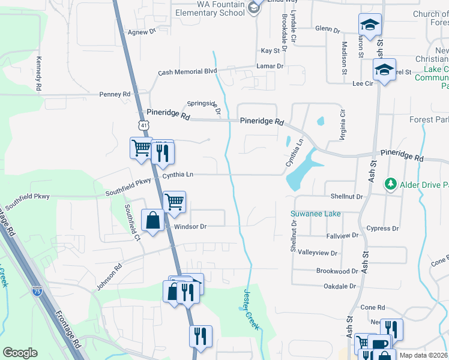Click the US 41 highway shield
coord(142,125)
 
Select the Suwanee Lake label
coord(316,214)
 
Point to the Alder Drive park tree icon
coord(391,182)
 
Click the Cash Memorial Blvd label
coord(187,71)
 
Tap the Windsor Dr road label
coord(190,227)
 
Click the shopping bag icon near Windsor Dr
coord(153,220)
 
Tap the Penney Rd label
coord(115,94)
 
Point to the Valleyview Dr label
coord(318,253)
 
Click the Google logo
coord(20,353)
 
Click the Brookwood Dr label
coord(337,271)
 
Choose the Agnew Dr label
coord(142,31)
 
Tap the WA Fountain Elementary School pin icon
coord(255,7)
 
